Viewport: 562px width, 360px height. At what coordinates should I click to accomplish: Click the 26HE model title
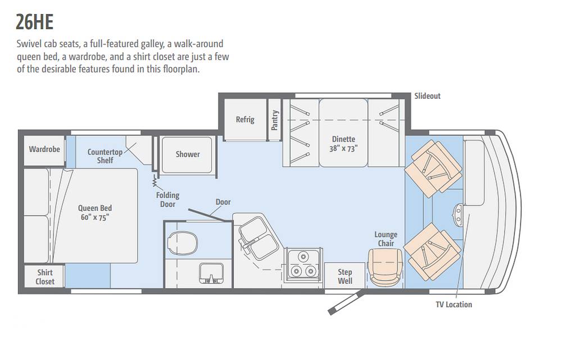(35, 22)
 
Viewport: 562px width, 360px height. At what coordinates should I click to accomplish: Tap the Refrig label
(245, 119)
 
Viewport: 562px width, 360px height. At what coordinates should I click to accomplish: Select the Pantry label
(275, 120)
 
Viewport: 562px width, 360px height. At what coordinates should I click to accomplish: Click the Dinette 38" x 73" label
(343, 144)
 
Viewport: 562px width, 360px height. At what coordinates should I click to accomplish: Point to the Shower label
(188, 154)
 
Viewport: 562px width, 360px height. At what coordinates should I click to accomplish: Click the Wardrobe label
(44, 149)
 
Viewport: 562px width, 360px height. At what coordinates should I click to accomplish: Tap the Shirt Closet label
(45, 277)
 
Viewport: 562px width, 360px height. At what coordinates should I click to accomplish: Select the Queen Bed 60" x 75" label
(95, 213)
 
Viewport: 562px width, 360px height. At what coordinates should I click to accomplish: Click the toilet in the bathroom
(183, 243)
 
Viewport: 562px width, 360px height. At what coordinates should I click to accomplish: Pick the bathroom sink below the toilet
(211, 274)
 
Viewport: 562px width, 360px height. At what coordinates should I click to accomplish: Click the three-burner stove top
(303, 265)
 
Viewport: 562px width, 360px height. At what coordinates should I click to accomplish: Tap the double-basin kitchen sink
(257, 238)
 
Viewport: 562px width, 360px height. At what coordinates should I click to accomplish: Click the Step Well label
(345, 276)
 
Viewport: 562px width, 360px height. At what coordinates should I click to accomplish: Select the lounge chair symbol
(386, 267)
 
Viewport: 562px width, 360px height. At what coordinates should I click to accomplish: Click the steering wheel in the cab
(458, 213)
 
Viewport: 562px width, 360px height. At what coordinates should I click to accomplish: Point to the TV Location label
(454, 304)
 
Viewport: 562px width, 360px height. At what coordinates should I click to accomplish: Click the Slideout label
(427, 95)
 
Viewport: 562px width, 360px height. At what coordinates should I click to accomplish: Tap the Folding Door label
(167, 199)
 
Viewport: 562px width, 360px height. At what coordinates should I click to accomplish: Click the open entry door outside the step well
(346, 303)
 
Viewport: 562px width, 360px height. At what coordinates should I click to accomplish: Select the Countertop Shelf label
(105, 156)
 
